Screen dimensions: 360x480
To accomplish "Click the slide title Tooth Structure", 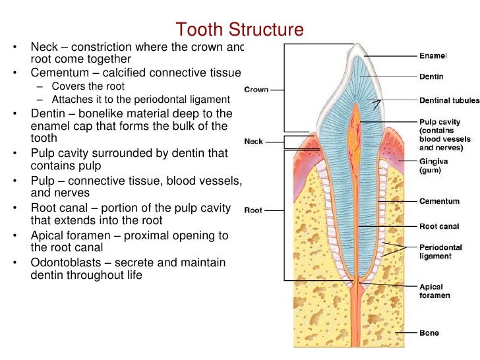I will [239, 30].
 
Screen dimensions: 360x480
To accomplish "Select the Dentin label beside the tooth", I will [432, 77].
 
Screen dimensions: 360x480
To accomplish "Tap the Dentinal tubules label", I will [444, 101].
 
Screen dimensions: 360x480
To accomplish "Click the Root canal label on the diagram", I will [439, 226].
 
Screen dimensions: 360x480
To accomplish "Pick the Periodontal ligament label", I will [440, 251].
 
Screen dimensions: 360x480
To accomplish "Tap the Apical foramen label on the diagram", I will [435, 291].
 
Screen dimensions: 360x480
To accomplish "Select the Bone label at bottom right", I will [429, 333].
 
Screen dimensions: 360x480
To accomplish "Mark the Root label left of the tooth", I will [253, 210].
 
